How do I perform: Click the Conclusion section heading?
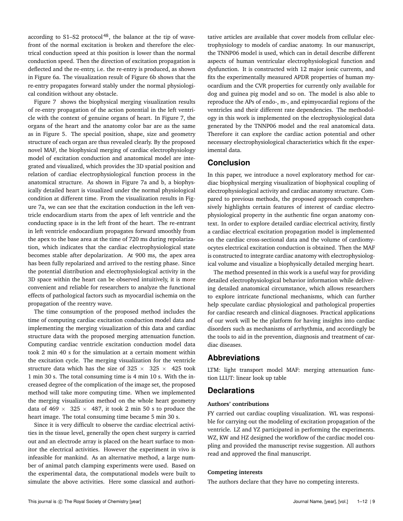click(x=229, y=163)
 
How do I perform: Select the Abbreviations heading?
click(x=234, y=358)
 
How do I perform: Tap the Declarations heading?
click(x=231, y=391)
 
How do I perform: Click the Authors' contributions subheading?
click(x=238, y=404)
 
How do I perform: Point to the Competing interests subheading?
click(x=235, y=472)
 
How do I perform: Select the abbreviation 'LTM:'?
click(x=215, y=370)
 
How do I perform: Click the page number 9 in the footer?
click(x=374, y=501)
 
